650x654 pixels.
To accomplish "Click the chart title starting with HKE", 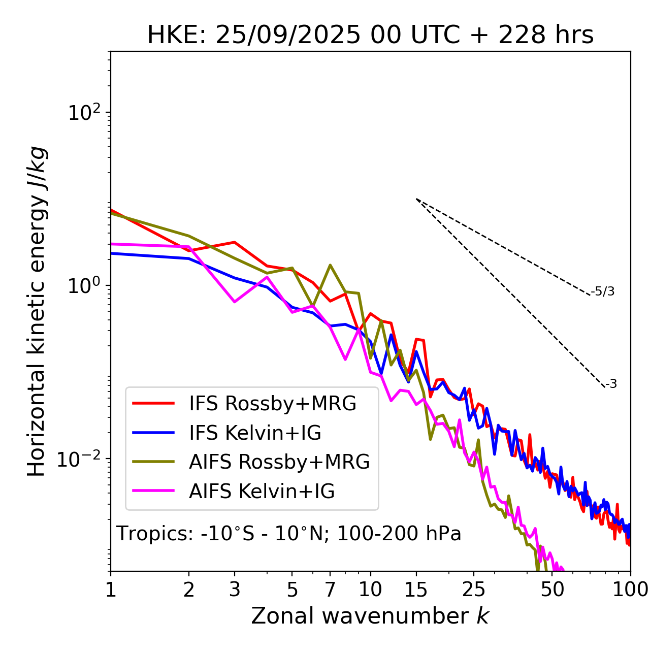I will point(370,36).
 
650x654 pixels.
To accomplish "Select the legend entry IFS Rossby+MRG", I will point(272,404).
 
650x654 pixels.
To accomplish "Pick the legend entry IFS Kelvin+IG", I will point(255,433).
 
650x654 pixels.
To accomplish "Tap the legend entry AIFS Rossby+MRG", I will point(279,462).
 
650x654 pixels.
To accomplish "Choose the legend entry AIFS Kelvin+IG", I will point(262,492).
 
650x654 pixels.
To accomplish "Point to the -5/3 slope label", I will point(603,292).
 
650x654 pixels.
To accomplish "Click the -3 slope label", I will point(611,384).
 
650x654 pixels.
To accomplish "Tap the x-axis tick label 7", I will point(330,590).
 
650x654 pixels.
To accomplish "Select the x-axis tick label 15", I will point(416,590).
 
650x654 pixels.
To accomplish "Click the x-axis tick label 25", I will point(474,590).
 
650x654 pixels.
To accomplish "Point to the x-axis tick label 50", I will point(552,590).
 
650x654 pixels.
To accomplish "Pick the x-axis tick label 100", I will point(630,590).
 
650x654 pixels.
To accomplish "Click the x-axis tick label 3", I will point(235,590).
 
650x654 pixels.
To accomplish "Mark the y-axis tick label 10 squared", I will point(83,113).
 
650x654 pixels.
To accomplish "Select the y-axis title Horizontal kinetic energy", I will point(37,312).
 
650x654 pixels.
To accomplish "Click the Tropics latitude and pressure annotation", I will point(288,534).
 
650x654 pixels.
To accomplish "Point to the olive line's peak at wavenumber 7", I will point(330,265).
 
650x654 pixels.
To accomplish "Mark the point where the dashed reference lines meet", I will point(416,199).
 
